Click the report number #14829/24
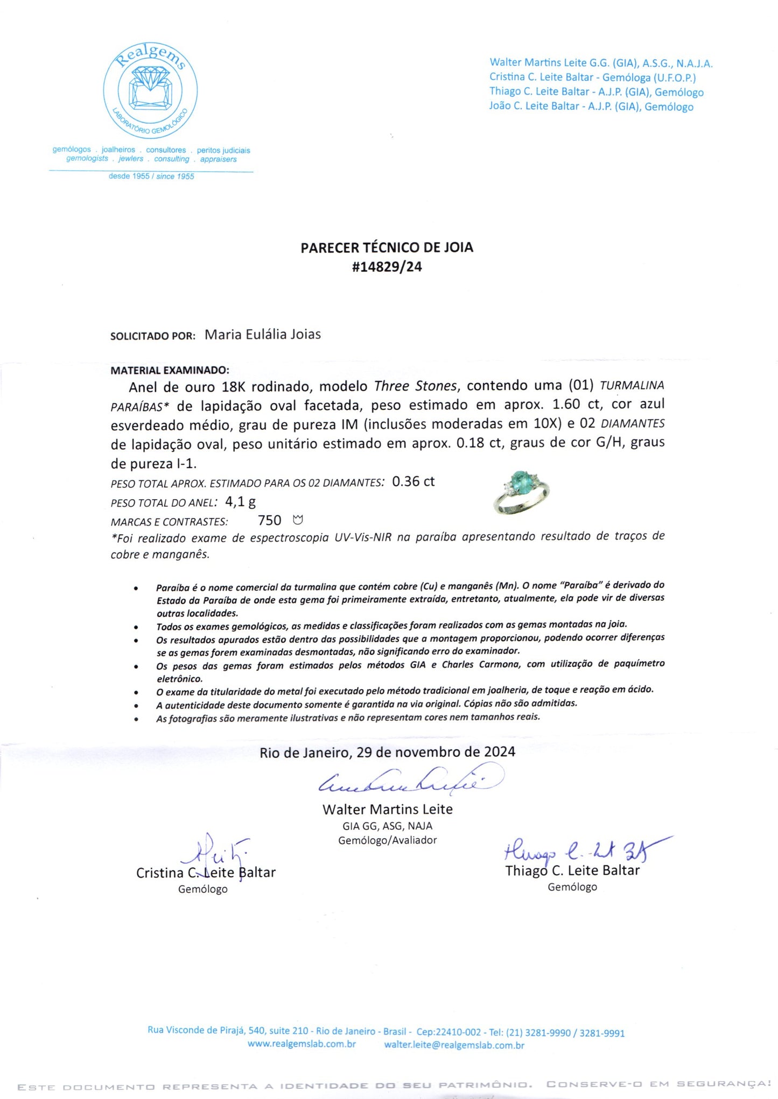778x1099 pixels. point(387,267)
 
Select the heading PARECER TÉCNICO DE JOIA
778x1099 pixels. point(387,247)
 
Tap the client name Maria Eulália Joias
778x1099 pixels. point(263,335)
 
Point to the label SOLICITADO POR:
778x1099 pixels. point(152,336)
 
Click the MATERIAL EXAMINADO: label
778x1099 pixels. point(170,370)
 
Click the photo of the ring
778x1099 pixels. point(521,490)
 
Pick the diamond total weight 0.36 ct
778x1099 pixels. point(413,481)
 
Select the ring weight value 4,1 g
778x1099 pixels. point(240,501)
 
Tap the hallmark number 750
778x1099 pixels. point(269,520)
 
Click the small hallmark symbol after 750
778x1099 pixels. point(297,520)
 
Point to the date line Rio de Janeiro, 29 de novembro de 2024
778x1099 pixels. point(387,752)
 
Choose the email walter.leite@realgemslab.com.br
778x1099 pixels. point(454,1045)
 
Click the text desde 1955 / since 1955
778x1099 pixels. point(151,176)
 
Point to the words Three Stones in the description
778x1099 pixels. point(415,386)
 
